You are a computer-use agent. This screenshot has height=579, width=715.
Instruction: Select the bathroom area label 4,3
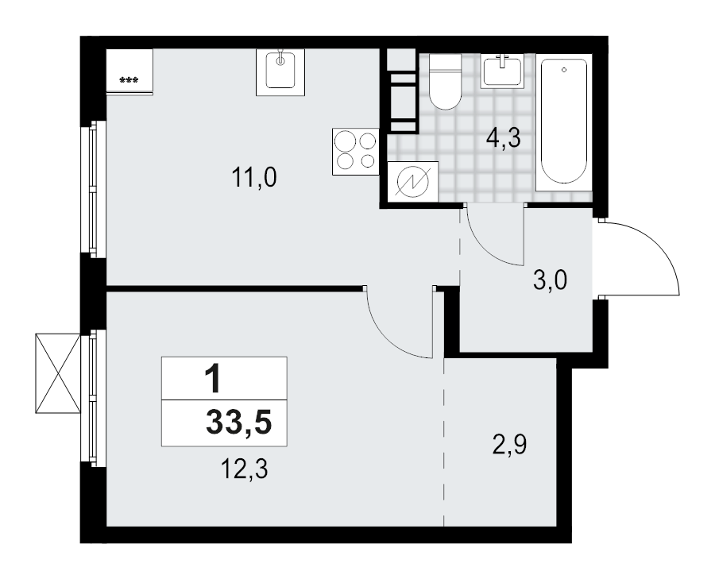tap(503, 139)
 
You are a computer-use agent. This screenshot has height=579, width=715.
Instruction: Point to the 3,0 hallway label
tap(550, 280)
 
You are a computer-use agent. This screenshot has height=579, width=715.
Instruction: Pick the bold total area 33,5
tap(238, 423)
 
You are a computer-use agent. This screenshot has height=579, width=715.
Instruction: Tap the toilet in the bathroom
tap(445, 82)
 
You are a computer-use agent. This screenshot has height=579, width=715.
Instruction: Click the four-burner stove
tap(355, 151)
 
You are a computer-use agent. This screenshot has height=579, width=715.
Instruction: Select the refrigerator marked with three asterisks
tap(129, 72)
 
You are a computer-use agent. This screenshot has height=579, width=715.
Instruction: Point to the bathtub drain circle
tap(563, 71)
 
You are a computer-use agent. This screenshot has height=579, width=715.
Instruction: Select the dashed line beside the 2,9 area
tap(444, 445)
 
